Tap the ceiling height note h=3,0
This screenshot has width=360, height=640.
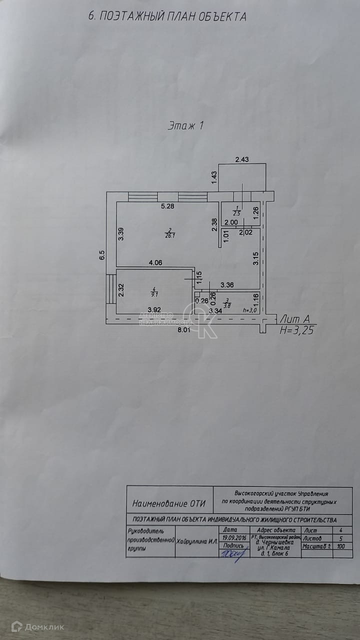[248, 310]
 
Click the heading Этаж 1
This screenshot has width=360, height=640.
[185, 126]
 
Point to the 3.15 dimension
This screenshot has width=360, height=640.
[255, 258]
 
